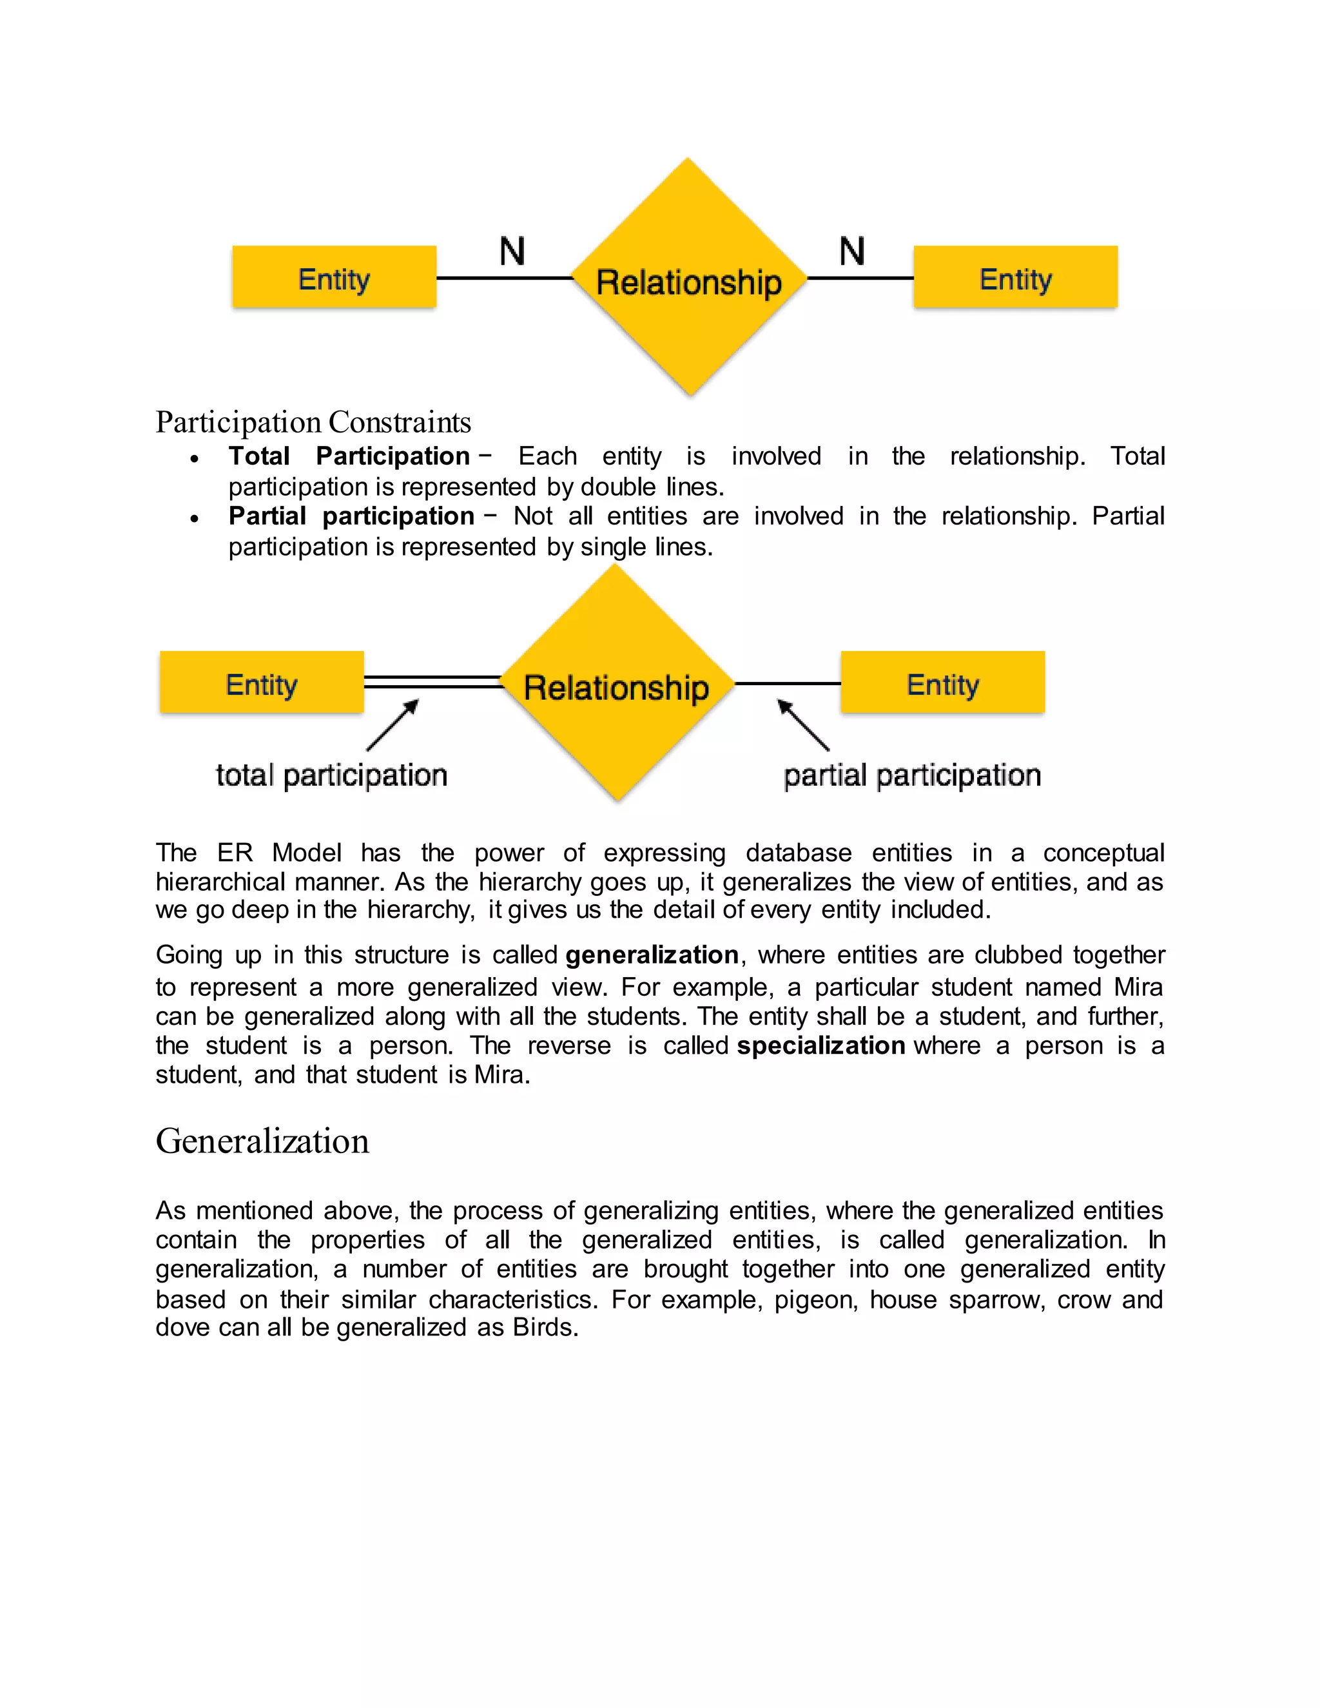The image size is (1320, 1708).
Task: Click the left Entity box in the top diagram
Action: (x=334, y=278)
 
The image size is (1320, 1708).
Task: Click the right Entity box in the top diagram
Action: (x=1015, y=278)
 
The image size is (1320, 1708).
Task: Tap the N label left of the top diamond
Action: (x=512, y=252)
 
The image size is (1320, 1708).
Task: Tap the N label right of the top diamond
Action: (x=851, y=252)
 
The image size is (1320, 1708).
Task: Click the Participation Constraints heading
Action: (x=313, y=423)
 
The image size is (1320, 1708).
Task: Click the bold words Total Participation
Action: (x=349, y=456)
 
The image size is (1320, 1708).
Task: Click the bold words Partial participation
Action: (x=351, y=516)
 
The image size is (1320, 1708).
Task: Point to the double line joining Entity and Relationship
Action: (x=432, y=682)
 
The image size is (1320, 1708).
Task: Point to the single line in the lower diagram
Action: (x=787, y=683)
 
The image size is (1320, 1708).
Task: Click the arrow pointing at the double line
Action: (x=393, y=725)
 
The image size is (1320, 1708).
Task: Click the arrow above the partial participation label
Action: (x=803, y=725)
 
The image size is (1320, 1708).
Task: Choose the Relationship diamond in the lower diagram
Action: (x=616, y=686)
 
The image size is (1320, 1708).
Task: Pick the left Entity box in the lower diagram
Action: (x=261, y=683)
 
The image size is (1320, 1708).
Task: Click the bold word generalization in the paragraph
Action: (x=652, y=955)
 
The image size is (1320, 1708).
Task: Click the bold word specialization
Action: (x=820, y=1045)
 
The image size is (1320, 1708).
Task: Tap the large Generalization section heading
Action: (x=262, y=1141)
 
